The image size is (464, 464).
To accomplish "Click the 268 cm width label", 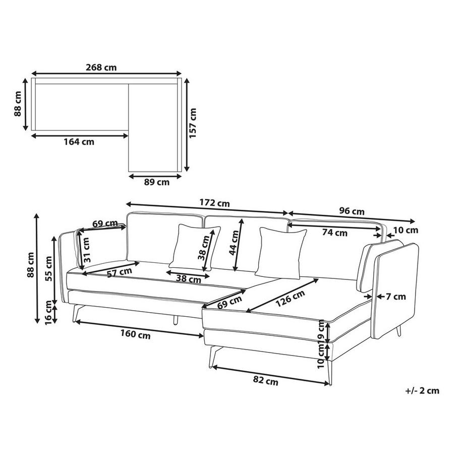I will coord(104,68).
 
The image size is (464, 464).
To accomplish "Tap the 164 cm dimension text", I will coord(79,142).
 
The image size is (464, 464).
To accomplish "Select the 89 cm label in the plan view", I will coord(156,183).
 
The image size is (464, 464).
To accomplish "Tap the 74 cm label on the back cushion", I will coord(335,233).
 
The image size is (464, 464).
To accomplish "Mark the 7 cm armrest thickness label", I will coord(396,297).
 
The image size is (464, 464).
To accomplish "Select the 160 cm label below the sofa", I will coord(135,334).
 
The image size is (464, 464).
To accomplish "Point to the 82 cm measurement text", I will coord(265,382).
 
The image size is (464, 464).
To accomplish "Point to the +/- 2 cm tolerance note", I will coord(422,390).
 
